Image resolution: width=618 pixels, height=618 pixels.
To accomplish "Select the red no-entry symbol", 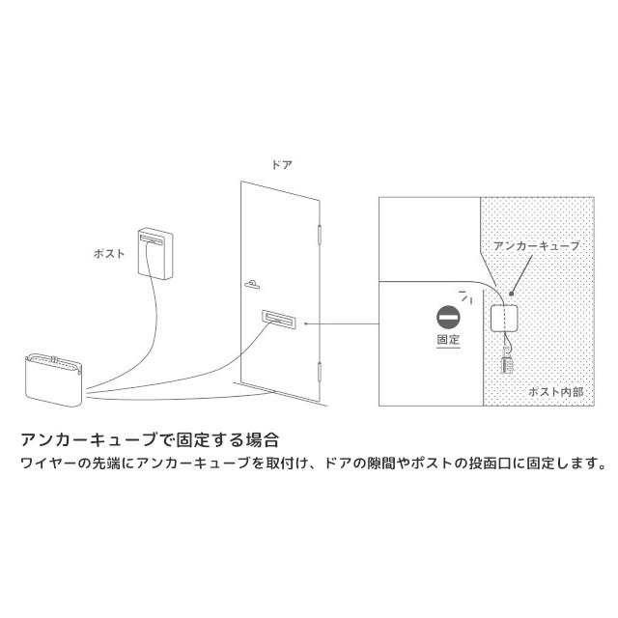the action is click(448, 318).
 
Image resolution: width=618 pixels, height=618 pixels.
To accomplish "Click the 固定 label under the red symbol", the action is click(448, 341).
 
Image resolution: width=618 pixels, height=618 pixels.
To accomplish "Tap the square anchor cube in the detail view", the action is click(508, 319).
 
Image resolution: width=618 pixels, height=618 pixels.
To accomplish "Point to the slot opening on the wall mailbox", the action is click(152, 236).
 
